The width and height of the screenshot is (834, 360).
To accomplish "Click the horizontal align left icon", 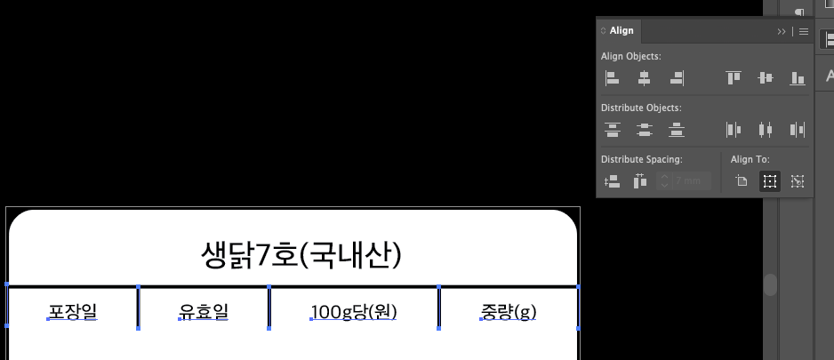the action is coord(612,78).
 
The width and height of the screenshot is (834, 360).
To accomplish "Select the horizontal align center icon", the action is coord(644,78).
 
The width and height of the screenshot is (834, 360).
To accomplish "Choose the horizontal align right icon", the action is coord(677,78).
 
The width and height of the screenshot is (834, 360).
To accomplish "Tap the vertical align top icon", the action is coord(733,78).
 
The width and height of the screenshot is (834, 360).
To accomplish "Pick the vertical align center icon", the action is coord(765,78).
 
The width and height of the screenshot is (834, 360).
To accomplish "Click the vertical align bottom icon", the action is coord(798,78).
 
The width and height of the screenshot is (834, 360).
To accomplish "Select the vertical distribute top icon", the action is coord(612,130).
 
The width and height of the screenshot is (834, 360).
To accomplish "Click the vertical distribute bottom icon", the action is coord(677,130).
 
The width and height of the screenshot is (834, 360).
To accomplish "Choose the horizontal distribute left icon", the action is coord(733,130).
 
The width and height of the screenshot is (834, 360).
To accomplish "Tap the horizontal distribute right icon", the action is coord(798,130).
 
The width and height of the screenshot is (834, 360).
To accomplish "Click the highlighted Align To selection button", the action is coord(769,181).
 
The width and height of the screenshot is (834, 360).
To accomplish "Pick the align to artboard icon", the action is coord(741,181).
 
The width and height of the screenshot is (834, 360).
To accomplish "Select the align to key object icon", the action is coord(798,181).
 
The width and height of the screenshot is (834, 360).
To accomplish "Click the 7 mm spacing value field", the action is coord(688,181).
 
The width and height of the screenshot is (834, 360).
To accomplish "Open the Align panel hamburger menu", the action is coord(804,31).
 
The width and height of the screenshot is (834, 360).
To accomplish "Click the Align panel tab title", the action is coord(621,30).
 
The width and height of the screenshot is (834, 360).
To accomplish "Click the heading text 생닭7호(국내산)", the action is coord(301,256).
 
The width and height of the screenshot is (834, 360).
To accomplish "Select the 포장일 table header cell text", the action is coord(73,312).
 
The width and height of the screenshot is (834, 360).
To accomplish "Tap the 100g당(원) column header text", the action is coord(354,312).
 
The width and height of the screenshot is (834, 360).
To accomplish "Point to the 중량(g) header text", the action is coord(509,312).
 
